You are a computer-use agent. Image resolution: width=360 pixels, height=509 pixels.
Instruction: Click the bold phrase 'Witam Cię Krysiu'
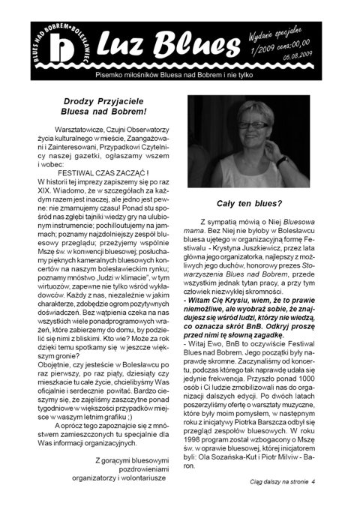(227, 298)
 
